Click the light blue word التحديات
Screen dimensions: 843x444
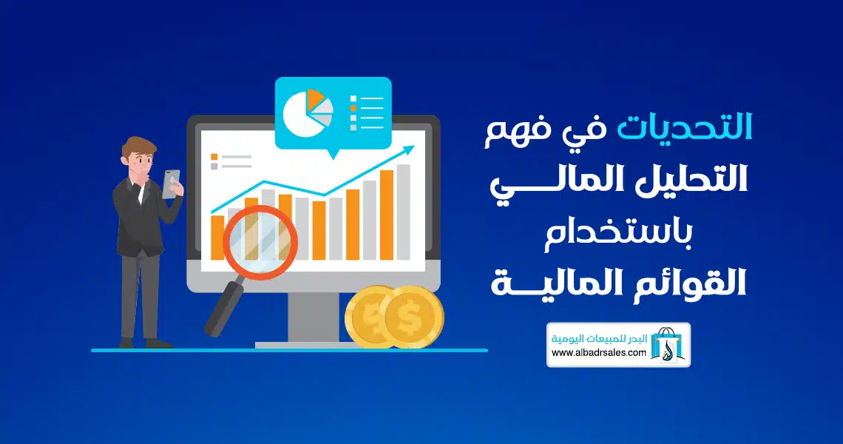[685, 128]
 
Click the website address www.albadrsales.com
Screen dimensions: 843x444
[598, 353]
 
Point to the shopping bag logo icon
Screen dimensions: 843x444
[667, 344]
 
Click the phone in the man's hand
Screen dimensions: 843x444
[171, 184]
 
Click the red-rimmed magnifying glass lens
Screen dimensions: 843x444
[260, 242]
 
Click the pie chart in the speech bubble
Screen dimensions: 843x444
[308, 112]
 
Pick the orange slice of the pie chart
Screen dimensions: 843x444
[316, 98]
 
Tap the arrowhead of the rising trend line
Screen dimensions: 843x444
[409, 149]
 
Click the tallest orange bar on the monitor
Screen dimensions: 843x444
[387, 215]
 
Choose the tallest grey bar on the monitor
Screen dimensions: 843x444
[403, 212]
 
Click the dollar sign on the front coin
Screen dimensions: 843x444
[410, 318]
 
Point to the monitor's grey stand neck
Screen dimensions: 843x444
[314, 317]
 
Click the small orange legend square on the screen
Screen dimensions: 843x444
[214, 157]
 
